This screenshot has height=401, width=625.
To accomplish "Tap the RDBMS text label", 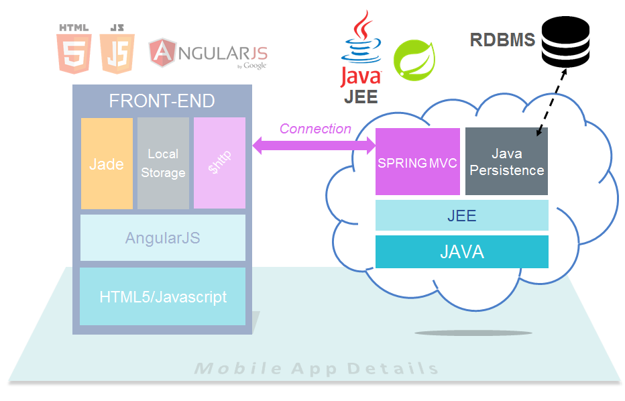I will [502, 40].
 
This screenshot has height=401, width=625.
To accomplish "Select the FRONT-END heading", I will [162, 101].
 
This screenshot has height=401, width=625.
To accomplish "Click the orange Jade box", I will [107, 164].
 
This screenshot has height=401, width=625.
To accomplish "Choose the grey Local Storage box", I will [163, 164].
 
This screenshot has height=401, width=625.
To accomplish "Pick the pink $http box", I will [219, 164].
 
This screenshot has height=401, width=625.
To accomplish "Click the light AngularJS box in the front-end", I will [162, 238].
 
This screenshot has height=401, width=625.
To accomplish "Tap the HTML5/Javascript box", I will [162, 296].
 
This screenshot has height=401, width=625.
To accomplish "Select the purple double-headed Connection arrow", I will [314, 147].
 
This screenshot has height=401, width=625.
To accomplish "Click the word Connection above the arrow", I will [315, 129].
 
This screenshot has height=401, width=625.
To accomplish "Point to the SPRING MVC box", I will [417, 162].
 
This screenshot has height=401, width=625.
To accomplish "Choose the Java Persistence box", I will [507, 162].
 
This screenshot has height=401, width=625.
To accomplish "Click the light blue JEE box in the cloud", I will [461, 216].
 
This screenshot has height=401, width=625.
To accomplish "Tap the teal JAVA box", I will [461, 252].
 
